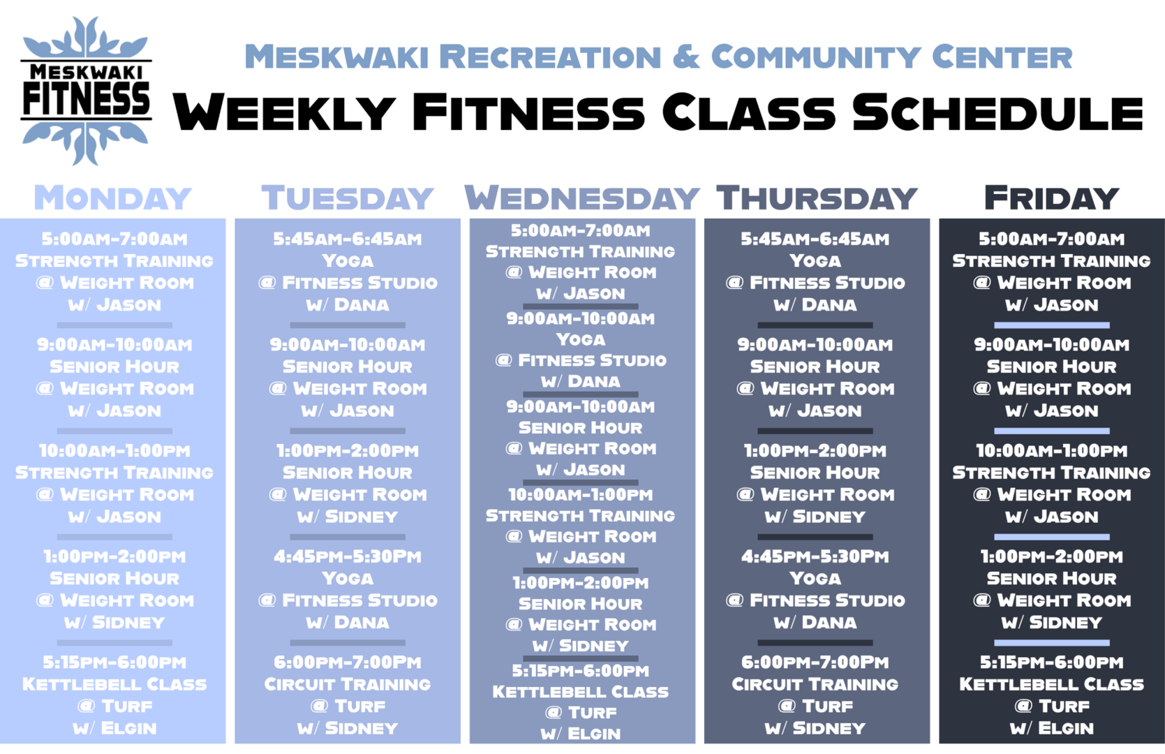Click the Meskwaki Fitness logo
[x=86, y=91]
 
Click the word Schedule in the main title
[x=997, y=112]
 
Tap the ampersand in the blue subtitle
[x=686, y=57]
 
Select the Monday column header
[x=113, y=198]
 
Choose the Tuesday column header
[x=348, y=198]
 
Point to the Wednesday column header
[x=582, y=198]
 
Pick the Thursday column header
[x=817, y=198]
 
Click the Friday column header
[x=1051, y=198]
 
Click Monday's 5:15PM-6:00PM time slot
[x=114, y=663]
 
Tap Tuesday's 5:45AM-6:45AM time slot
[x=348, y=239]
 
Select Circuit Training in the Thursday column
[x=815, y=684]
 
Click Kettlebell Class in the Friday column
[x=1052, y=684]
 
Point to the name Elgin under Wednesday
[x=594, y=734]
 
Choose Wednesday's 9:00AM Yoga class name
[x=581, y=340]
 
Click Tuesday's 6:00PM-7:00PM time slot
[x=348, y=663]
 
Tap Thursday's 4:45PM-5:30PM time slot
[x=815, y=556]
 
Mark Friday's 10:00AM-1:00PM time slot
[x=1052, y=450]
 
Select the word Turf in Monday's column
[x=127, y=706]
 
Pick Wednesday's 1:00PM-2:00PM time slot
[x=581, y=583]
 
